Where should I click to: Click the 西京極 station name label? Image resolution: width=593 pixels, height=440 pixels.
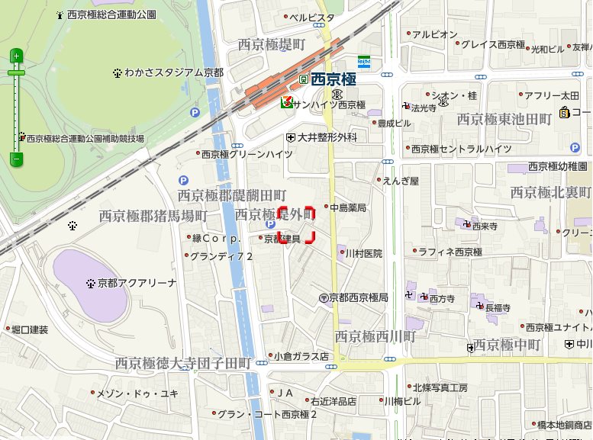[x=335, y=79]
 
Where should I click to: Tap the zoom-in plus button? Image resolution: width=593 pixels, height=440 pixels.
[x=16, y=56]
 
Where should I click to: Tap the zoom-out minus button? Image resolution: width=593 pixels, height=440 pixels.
[x=16, y=159]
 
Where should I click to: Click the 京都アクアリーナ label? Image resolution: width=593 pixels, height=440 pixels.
[x=137, y=283]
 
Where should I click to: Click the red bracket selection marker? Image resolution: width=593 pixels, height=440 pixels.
[x=295, y=224]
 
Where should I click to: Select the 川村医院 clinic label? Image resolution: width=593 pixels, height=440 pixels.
[x=363, y=253]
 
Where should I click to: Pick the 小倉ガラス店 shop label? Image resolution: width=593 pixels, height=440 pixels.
[x=301, y=356]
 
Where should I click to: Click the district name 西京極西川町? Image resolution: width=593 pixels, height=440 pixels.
[x=375, y=336]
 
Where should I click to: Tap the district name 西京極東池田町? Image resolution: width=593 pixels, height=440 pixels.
[x=504, y=119]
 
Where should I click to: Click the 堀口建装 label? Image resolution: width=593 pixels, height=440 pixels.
[x=30, y=330]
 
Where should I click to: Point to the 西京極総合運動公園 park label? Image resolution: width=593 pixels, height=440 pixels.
[x=111, y=14]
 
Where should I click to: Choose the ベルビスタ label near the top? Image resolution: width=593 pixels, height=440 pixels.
[x=311, y=17]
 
